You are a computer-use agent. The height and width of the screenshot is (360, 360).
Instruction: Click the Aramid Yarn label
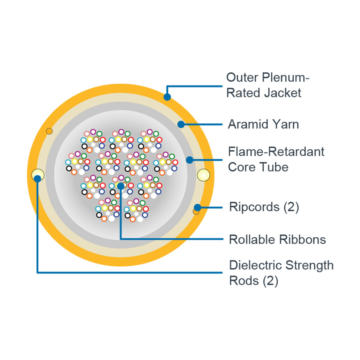263,124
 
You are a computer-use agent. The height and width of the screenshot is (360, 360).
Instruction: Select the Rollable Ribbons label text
277,240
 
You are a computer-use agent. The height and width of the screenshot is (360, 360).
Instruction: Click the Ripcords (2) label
264,207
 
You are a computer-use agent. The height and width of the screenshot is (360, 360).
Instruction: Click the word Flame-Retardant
276,152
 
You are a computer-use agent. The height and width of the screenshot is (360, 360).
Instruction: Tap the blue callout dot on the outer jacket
167,97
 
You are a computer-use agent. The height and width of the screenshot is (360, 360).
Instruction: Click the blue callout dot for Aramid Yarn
181,124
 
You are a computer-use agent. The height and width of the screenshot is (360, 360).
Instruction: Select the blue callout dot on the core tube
190,160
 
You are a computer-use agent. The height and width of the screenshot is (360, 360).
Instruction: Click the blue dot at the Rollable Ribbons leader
120,186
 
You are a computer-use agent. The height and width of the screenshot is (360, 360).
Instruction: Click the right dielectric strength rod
204,175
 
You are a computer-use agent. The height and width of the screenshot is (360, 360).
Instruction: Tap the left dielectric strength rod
38,174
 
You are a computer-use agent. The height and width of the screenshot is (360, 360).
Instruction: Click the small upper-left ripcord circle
49,131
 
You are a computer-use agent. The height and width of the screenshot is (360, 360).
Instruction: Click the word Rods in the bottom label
244,280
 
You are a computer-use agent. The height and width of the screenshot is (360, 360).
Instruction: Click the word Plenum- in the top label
286,77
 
